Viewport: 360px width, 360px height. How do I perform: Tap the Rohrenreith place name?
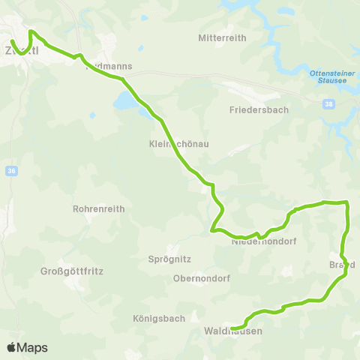coord(96,209)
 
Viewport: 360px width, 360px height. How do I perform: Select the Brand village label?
coord(341,265)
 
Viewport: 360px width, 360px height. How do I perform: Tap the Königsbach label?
coord(159,318)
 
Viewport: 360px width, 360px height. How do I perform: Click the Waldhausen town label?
coord(232,330)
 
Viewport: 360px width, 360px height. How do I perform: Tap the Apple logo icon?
coord(11,347)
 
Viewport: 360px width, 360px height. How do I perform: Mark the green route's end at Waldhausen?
coord(232,328)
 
